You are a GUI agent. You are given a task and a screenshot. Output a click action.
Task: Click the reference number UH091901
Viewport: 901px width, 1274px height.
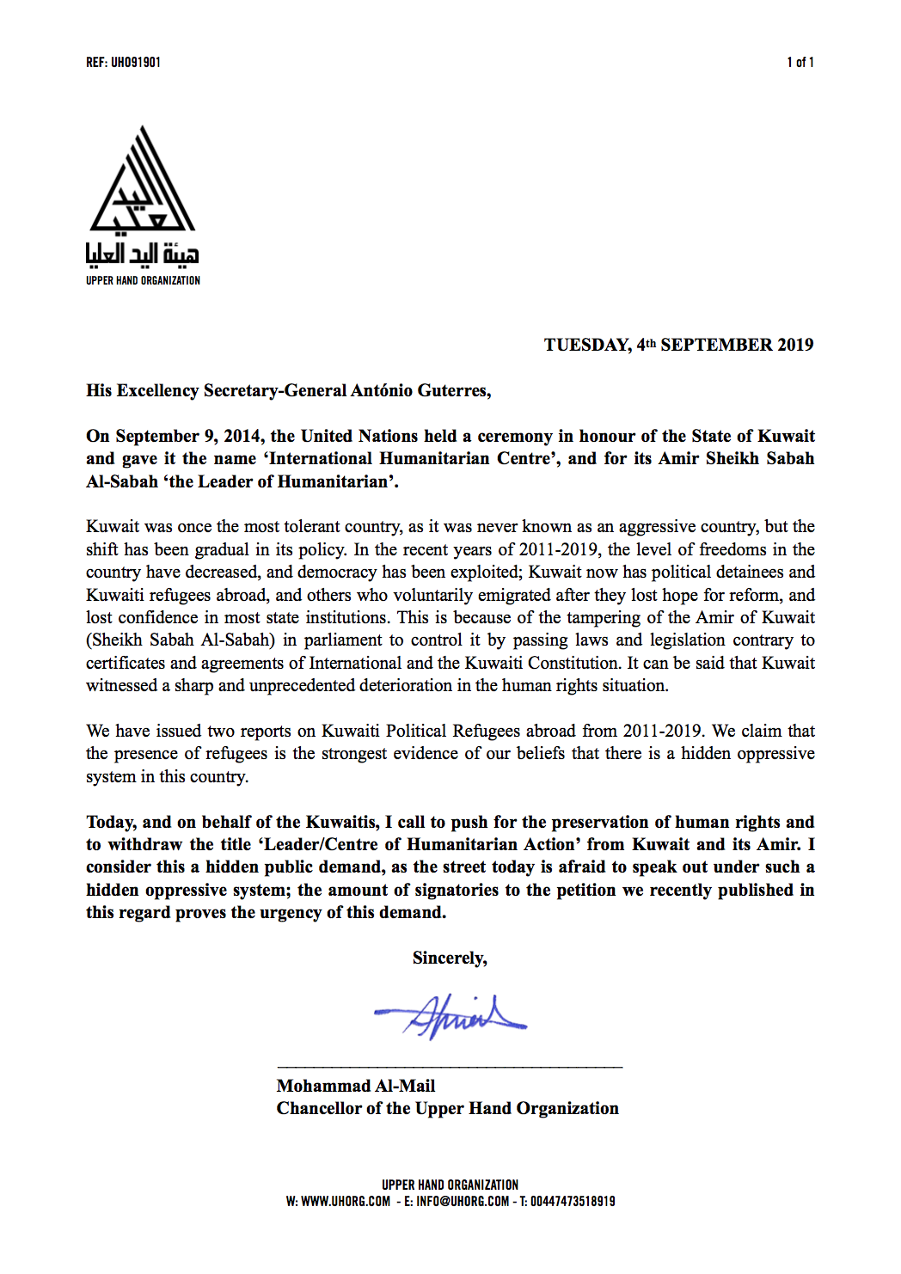coord(136,63)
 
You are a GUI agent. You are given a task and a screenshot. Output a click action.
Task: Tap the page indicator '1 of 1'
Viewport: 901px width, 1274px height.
coord(800,63)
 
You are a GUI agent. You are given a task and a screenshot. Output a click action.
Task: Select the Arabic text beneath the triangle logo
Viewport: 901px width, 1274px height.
coord(143,254)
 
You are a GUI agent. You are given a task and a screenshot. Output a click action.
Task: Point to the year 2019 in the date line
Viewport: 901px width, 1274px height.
coord(795,345)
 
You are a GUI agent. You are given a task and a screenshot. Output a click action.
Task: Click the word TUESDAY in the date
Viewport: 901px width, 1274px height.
coord(586,345)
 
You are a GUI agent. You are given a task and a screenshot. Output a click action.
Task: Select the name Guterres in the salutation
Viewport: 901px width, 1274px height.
coord(454,391)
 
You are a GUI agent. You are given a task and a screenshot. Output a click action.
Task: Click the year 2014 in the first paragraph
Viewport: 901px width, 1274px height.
coord(242,436)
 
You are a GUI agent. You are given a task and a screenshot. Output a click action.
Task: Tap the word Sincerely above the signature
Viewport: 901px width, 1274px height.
coord(450,959)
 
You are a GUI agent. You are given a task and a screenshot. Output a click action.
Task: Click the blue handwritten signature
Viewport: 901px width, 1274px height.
coord(451,1017)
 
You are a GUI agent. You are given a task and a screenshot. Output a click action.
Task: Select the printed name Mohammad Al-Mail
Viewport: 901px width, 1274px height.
coord(356,1086)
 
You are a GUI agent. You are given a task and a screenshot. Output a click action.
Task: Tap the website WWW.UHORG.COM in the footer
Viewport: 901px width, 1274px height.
coord(346,1202)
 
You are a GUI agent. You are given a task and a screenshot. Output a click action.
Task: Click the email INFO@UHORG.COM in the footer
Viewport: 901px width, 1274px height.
coord(463,1202)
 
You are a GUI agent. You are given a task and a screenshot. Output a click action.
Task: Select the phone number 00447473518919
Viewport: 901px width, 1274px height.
coord(573,1202)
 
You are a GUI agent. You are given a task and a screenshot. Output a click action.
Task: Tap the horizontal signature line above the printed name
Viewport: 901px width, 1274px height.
coord(450,1067)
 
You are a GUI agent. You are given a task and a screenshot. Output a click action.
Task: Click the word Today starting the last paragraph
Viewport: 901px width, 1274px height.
coord(111,823)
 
